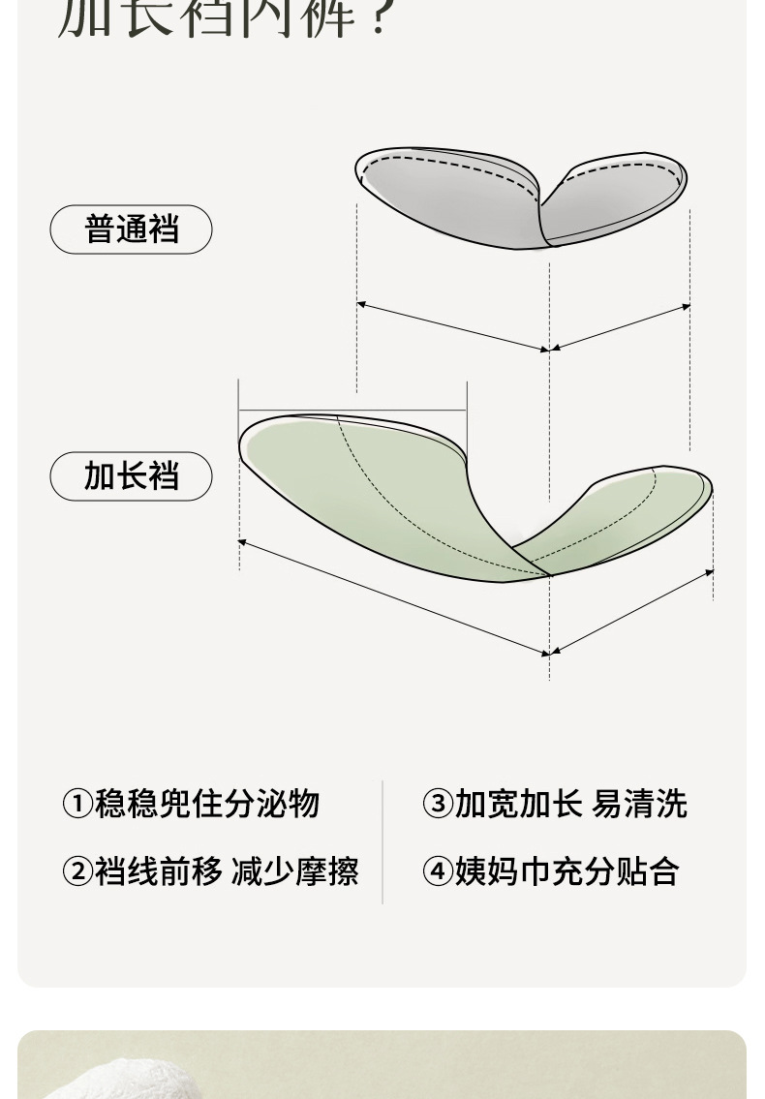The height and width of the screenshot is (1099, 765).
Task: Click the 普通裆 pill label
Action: (x=131, y=229)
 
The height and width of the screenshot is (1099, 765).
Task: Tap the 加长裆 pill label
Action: (x=131, y=476)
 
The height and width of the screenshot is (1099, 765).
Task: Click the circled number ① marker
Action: (x=76, y=804)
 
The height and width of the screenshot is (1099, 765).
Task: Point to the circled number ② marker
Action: (x=76, y=871)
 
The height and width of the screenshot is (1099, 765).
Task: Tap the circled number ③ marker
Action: (x=438, y=804)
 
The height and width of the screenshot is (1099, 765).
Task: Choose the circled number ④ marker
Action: (x=438, y=871)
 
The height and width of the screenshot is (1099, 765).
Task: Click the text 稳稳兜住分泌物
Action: (x=206, y=804)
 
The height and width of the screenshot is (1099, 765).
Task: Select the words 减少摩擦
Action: (x=294, y=871)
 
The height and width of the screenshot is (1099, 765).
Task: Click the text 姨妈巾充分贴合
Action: (x=566, y=871)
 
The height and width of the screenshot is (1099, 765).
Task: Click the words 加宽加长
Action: (x=518, y=804)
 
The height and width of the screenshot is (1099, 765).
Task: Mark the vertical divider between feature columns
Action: (x=382, y=840)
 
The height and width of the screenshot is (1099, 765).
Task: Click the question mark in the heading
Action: (x=380, y=17)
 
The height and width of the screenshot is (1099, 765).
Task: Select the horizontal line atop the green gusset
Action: (x=352, y=409)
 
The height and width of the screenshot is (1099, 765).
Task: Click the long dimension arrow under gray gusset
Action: (x=452, y=326)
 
